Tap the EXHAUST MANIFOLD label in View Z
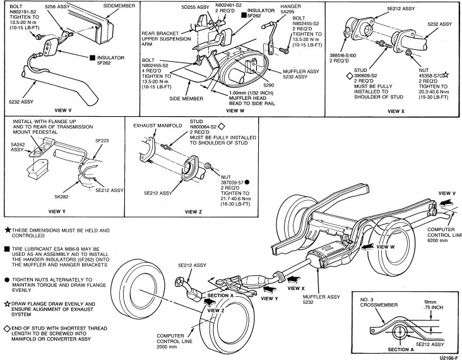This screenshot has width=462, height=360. (153, 126)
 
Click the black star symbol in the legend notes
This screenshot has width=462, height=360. (7, 231)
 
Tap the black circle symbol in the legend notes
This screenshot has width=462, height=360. (7, 279)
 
